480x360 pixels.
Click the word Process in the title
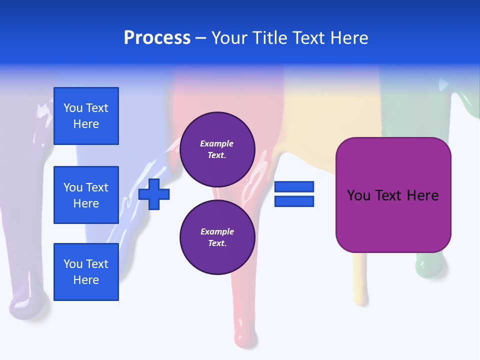pos(157,38)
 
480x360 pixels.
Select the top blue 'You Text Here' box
pos(86,116)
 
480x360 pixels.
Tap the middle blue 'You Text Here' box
pos(86,195)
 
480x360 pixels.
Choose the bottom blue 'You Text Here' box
pos(86,272)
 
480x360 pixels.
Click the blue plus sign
pos(154,194)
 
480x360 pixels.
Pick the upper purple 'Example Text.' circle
pos(217,149)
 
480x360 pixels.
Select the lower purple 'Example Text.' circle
pos(217,237)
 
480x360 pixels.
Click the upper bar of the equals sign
pos(294,187)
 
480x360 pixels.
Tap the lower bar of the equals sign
pos(294,201)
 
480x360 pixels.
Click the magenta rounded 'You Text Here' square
pos(393,195)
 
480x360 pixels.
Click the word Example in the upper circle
pos(216,143)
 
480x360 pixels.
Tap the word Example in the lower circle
pos(217,231)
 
